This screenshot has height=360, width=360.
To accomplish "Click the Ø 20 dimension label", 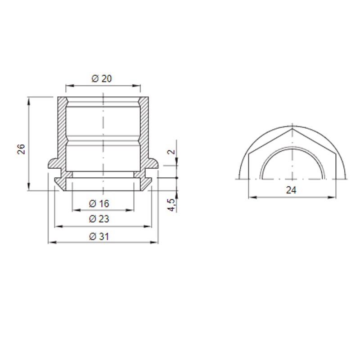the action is click(102, 78).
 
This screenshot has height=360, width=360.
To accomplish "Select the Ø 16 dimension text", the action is click(99, 204).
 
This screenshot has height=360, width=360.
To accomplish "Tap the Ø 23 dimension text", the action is click(99, 219).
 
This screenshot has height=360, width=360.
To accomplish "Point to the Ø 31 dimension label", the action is click(99, 237).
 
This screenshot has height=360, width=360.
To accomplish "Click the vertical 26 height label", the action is click(21, 149).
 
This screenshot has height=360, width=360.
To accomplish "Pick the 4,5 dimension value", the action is click(171, 205).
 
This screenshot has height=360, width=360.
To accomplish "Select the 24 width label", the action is click(291, 190).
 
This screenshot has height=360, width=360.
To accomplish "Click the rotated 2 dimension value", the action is click(171, 152).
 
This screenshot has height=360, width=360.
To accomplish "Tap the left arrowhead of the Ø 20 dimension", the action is click(69, 86).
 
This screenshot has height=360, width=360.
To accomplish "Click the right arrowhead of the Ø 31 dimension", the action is click(155, 242).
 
